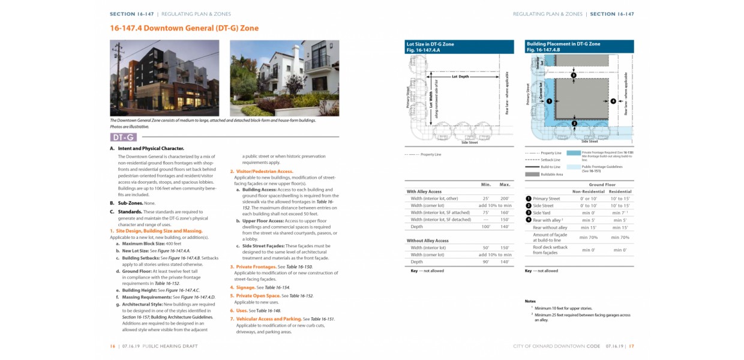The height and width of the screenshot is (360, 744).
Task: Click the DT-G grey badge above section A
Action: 123,137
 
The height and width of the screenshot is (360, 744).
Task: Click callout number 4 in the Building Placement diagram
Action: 613,101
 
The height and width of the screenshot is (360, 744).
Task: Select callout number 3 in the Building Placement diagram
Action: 574,76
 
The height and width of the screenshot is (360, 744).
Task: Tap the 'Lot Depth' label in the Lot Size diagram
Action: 460,77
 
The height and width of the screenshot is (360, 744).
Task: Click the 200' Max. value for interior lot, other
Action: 504,198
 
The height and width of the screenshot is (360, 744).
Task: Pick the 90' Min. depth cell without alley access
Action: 485,262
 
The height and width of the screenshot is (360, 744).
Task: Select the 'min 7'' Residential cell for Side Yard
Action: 620,213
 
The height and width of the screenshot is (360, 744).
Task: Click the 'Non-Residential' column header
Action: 588,191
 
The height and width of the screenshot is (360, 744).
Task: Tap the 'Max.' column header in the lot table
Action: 504,184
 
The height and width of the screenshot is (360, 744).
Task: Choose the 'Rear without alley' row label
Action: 550,227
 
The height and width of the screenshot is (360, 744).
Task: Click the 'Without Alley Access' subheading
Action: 428,241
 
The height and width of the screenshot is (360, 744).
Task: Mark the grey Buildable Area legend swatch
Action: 532,174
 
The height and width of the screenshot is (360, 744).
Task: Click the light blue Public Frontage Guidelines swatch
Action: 574,167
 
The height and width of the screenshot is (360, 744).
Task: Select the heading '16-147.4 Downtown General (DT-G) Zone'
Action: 184,28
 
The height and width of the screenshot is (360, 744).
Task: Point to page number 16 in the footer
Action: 112,346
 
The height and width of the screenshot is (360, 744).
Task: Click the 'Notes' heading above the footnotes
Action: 530,301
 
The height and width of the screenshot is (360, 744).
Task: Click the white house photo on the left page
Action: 284,78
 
